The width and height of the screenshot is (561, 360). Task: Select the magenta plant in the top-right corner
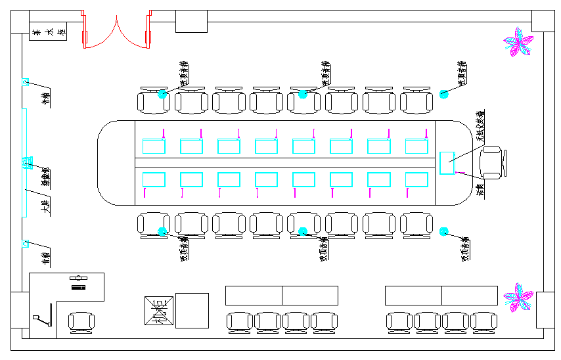point(519,41)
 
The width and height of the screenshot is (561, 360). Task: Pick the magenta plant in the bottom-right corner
point(519,297)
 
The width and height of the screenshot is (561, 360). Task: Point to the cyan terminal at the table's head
point(447,162)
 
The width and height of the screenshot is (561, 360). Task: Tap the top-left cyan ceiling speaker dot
point(162,94)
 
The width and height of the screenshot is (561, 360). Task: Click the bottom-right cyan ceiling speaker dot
point(443,231)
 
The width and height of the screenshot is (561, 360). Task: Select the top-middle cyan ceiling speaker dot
point(303,94)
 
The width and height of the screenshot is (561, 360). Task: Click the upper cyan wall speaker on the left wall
point(26,83)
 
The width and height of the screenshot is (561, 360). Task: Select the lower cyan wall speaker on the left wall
point(26,244)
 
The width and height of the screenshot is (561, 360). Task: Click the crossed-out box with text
point(158,311)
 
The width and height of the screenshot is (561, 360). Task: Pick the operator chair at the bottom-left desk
point(81,323)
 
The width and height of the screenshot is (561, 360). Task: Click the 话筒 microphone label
point(480,189)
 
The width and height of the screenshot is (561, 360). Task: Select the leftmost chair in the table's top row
point(152,101)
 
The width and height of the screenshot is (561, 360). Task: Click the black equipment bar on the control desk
point(79,287)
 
